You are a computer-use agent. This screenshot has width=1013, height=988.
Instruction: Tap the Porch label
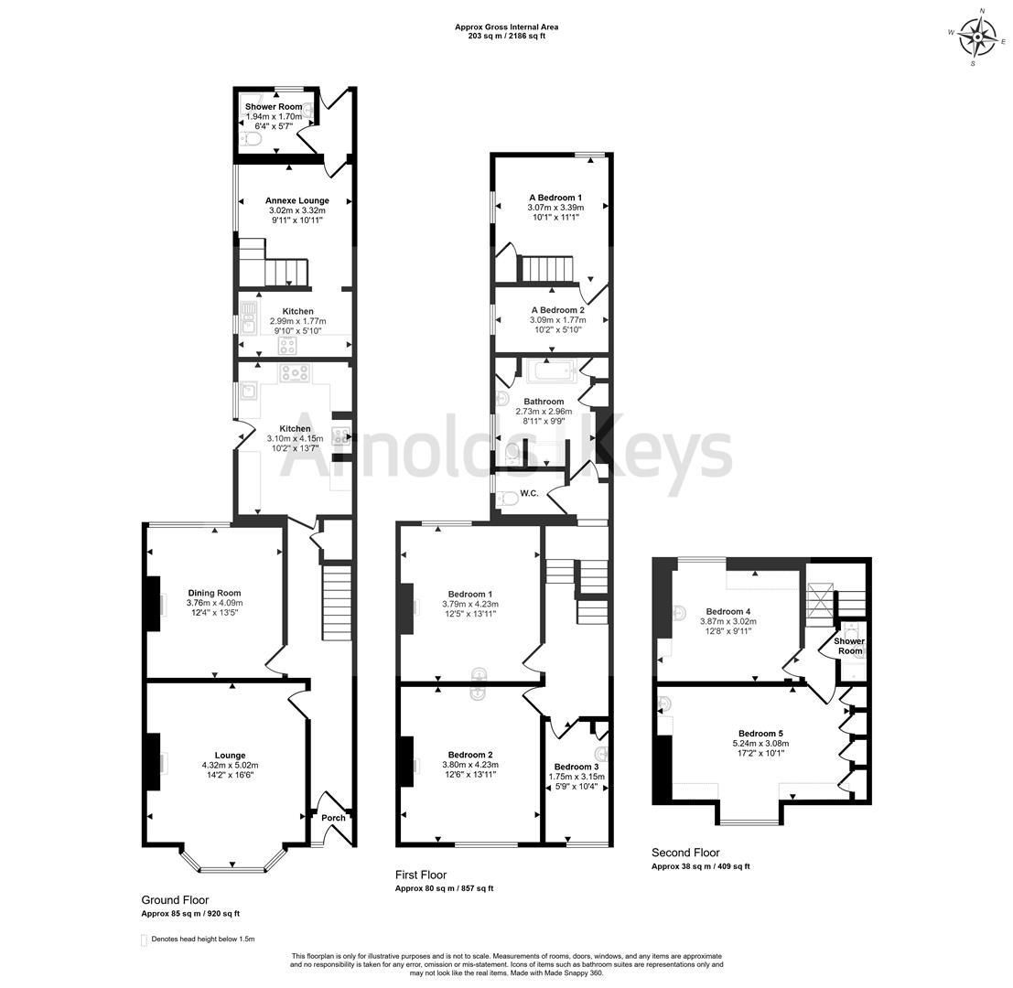(x=334, y=818)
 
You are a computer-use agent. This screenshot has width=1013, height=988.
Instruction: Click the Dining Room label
(x=214, y=593)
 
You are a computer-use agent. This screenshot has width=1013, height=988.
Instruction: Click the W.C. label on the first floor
(x=528, y=494)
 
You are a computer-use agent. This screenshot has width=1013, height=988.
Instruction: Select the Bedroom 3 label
(x=577, y=767)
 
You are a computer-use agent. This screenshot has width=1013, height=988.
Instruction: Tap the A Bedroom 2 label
(x=556, y=310)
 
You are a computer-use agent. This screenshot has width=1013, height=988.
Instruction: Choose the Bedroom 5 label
(x=760, y=733)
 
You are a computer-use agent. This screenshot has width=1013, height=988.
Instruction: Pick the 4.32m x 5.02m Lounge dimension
(x=230, y=766)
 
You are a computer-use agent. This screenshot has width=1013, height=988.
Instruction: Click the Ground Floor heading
(x=175, y=900)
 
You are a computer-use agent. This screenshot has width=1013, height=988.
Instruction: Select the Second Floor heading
(x=685, y=853)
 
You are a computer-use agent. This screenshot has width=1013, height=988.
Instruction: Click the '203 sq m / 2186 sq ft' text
(x=506, y=37)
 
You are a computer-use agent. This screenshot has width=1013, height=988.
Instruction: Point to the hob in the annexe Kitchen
(x=288, y=346)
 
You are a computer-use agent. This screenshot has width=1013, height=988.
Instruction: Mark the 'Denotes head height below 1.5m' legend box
(x=144, y=940)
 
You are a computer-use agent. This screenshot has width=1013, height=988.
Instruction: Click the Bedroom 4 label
(x=728, y=611)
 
